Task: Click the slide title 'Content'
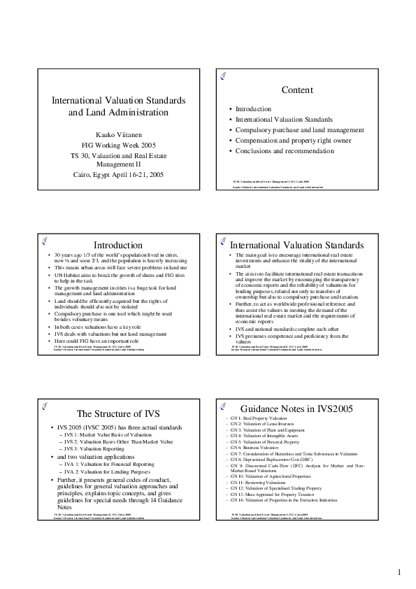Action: click(x=296, y=90)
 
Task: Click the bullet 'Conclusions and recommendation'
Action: click(x=285, y=150)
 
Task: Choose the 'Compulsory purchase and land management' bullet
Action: click(x=299, y=130)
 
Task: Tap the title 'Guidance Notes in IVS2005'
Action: click(x=298, y=409)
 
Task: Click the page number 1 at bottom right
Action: click(x=399, y=572)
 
